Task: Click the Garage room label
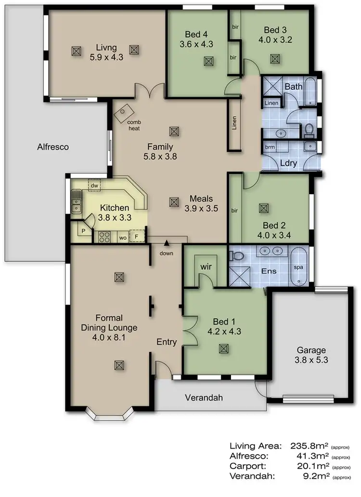(311, 350)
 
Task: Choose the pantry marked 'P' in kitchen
(83, 231)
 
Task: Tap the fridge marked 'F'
(136, 236)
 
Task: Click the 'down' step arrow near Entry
(167, 244)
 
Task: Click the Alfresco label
(53, 147)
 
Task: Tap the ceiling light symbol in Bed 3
(274, 59)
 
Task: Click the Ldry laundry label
(288, 163)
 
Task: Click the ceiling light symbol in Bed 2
(263, 208)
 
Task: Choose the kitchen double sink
(76, 202)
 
